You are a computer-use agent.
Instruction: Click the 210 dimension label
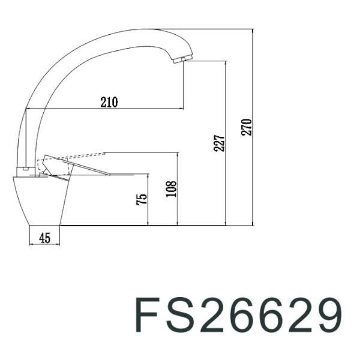(x=109, y=102)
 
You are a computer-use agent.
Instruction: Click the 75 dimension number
(x=142, y=200)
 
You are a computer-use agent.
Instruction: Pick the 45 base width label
(x=44, y=238)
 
